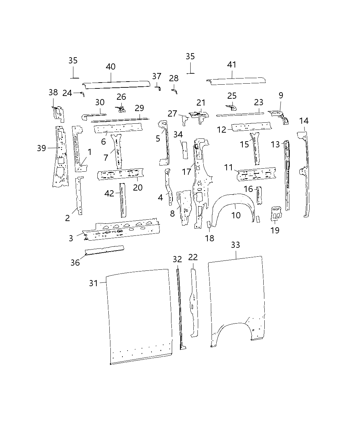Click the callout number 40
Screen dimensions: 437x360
point(110,66)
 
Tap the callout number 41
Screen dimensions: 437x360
point(232,64)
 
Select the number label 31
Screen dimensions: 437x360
point(94,283)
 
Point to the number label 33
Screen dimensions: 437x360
point(236,245)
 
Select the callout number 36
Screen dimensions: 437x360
point(75,263)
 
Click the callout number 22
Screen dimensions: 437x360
point(193,257)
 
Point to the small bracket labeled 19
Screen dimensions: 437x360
point(276,213)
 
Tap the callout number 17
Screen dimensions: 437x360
point(187,171)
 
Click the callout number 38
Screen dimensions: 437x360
point(53,92)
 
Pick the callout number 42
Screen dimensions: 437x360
point(109,193)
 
